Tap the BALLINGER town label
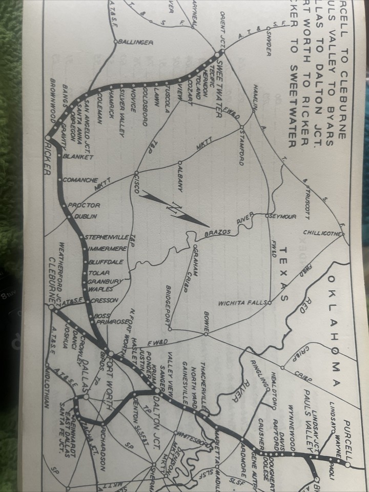pyautogui.click(x=135, y=42)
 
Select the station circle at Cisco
pyautogui.click(x=136, y=173)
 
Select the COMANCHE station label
pyautogui.click(x=80, y=180)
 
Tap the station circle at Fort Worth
pyautogui.click(x=111, y=353)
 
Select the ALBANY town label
pyautogui.click(x=180, y=179)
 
